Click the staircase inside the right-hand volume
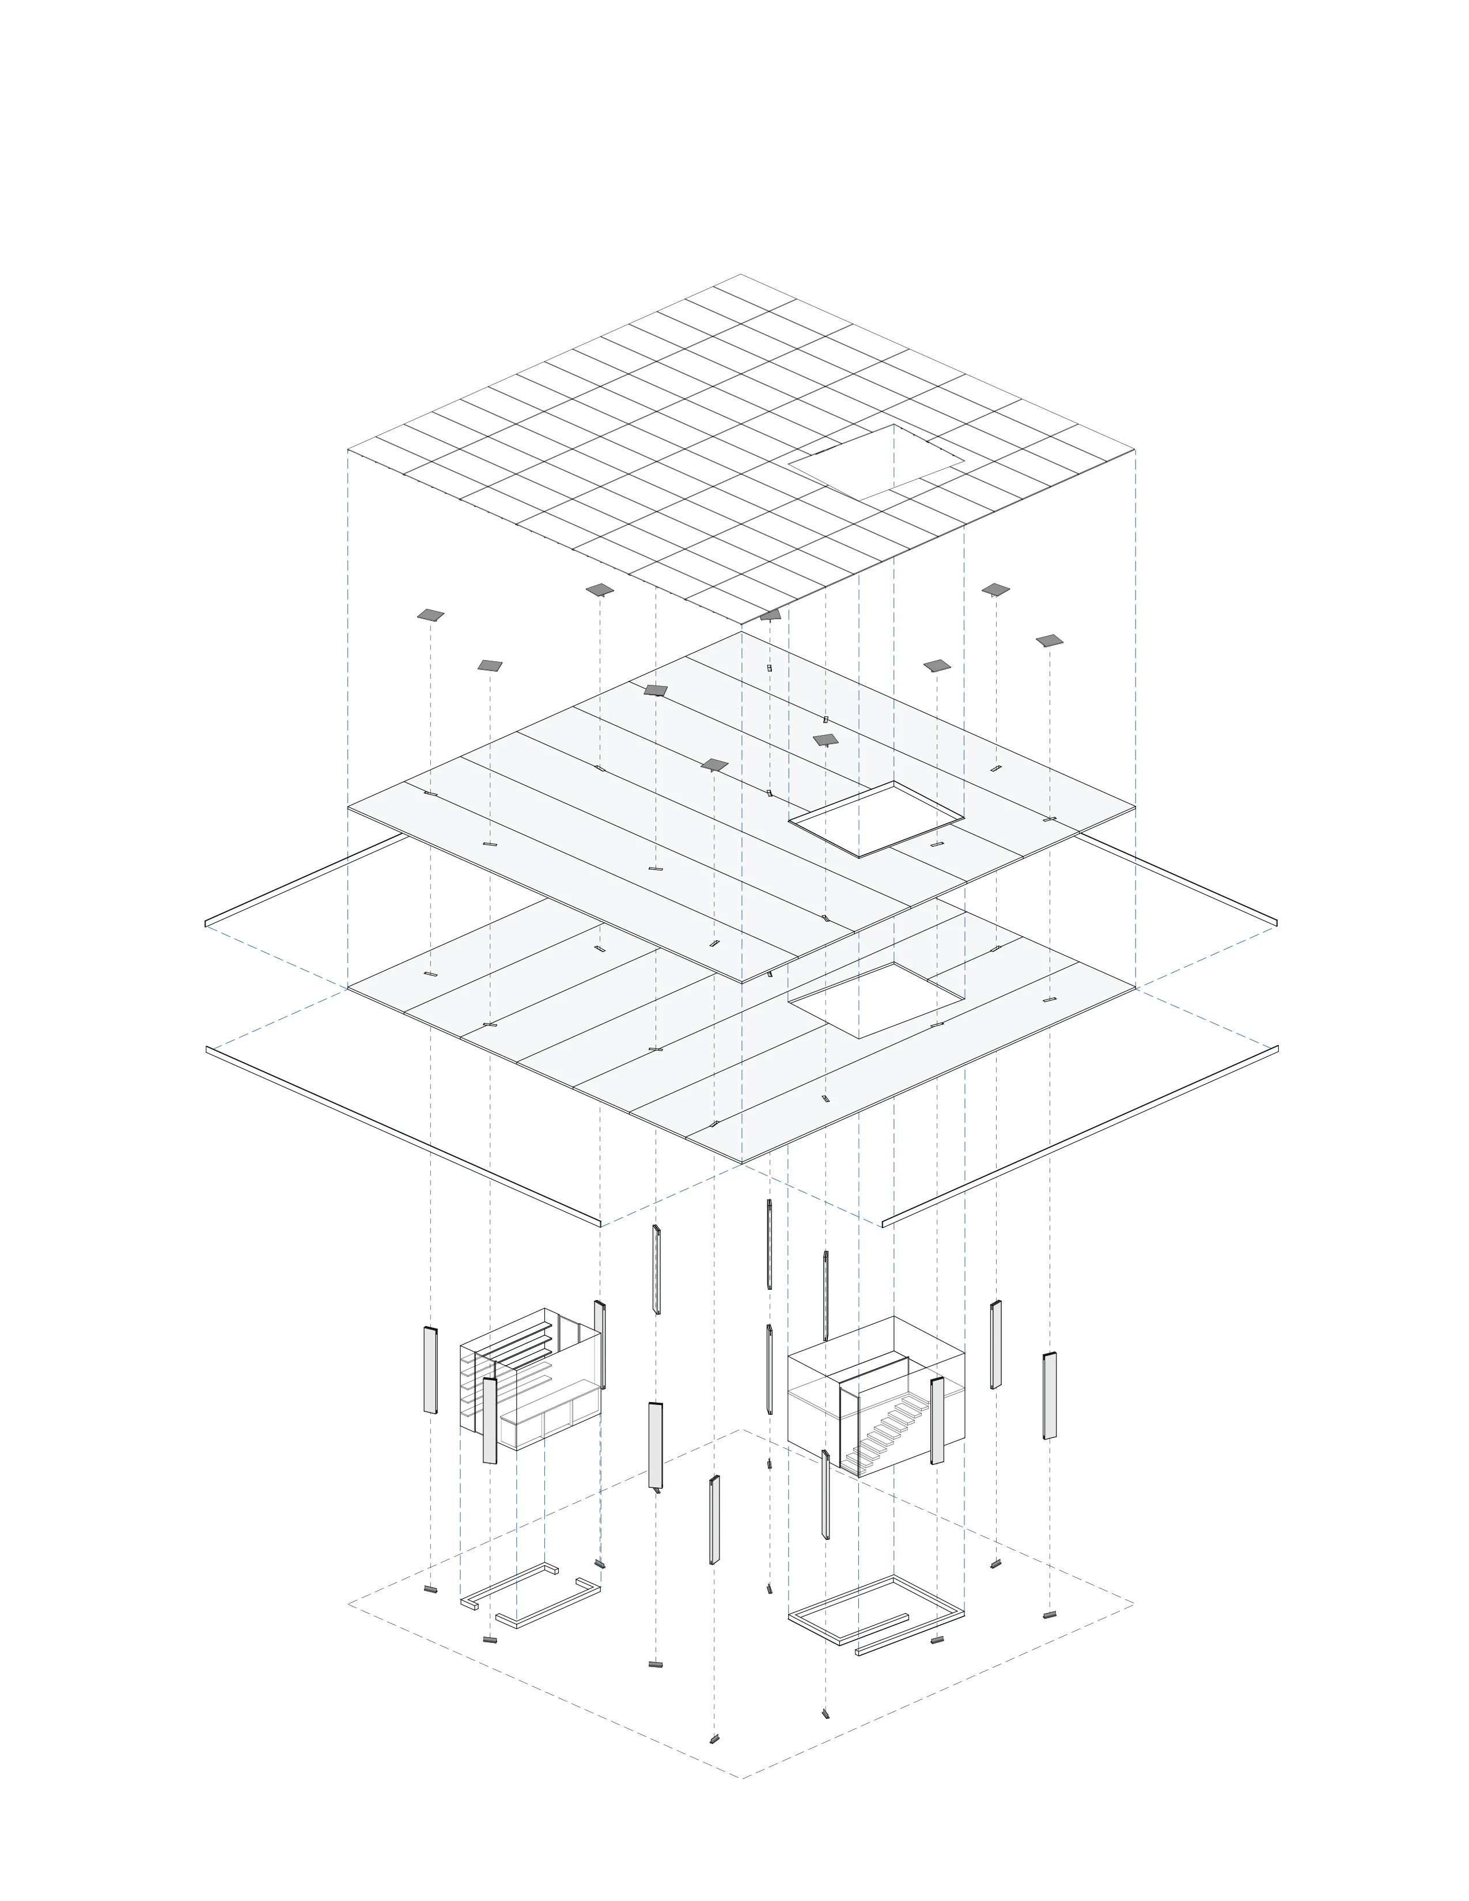(x=883, y=1432)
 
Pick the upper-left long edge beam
(x=305, y=879)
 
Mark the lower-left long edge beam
(x=402, y=1137)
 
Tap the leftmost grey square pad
(x=430, y=615)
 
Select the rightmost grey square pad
(x=1050, y=641)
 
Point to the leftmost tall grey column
(x=430, y=1370)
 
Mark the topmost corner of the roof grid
(x=741, y=275)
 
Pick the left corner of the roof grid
(x=348, y=450)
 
